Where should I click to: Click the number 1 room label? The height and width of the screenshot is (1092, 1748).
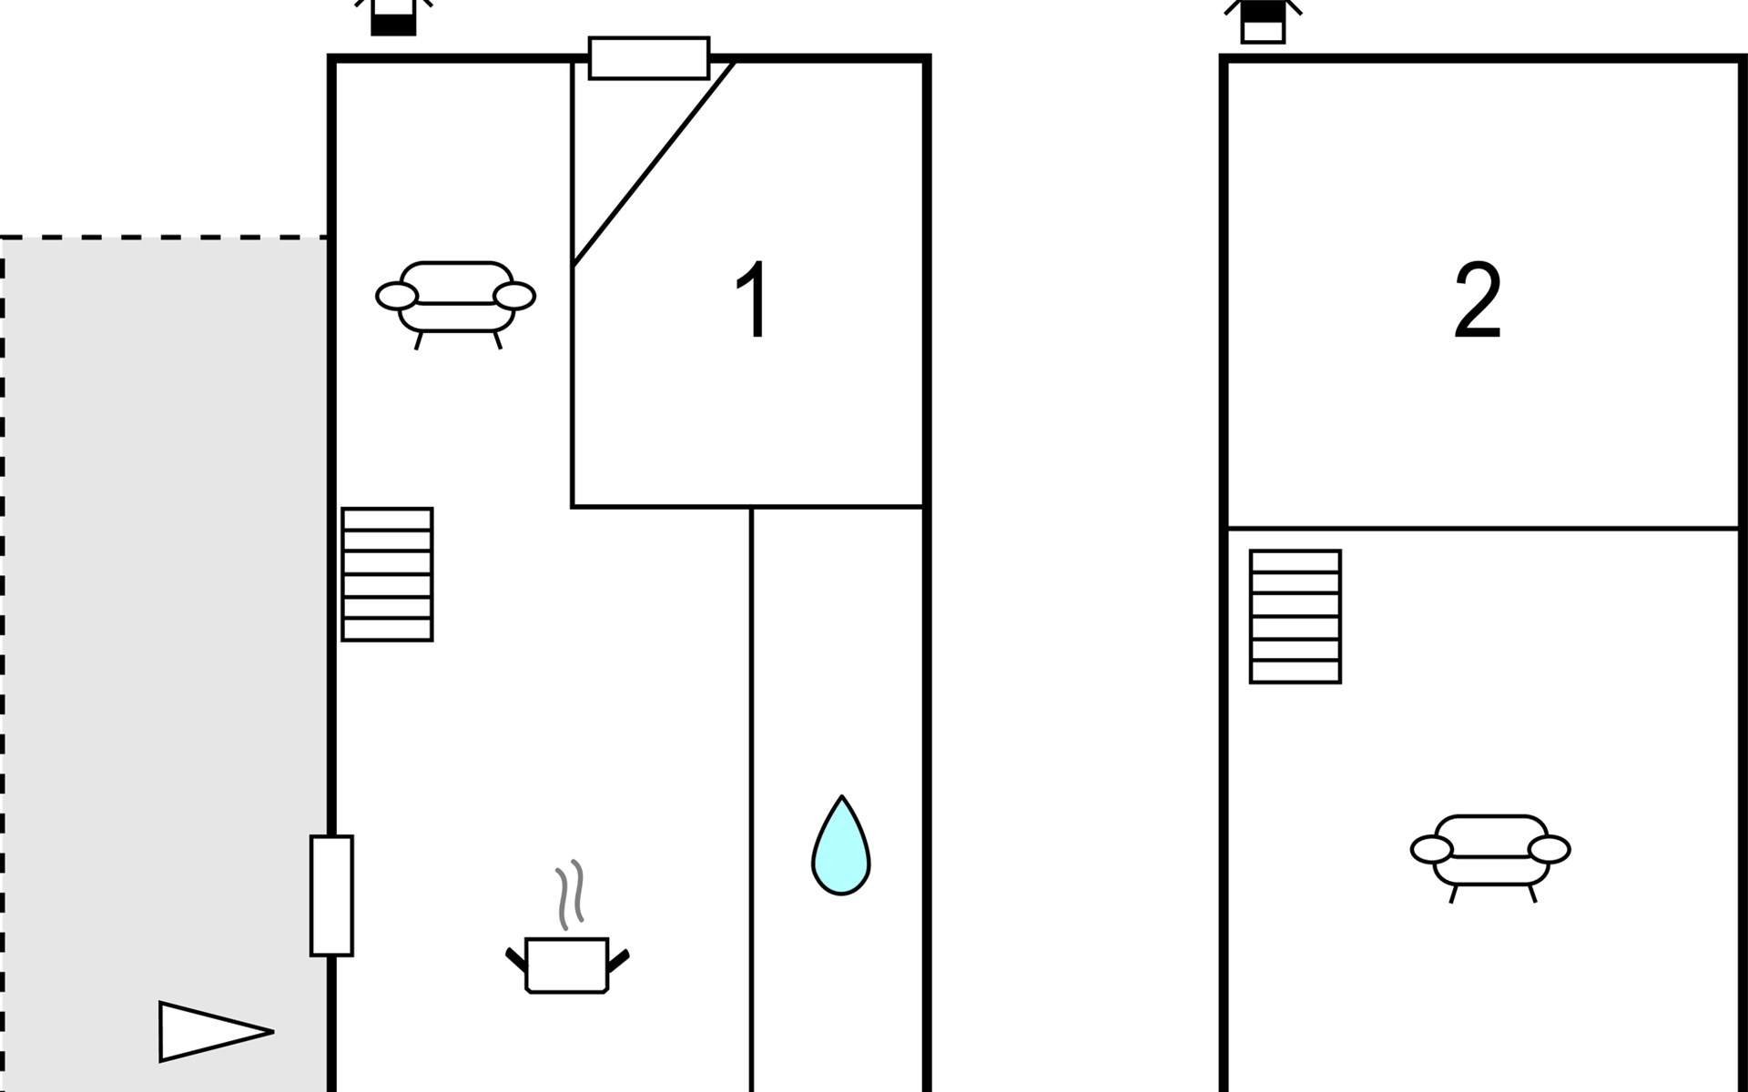(753, 299)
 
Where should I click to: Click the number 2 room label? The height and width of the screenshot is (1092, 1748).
(1477, 301)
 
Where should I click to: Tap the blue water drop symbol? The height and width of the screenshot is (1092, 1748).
(841, 845)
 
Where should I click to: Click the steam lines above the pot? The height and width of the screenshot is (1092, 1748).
(570, 895)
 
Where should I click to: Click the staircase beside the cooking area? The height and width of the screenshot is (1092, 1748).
(387, 574)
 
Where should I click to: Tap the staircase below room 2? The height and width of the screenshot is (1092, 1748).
(1296, 616)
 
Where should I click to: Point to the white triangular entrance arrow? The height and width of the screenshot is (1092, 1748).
(215, 1032)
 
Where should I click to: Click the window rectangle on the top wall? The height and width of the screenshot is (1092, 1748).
(649, 58)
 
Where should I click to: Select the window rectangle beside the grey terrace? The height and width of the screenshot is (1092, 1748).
(331, 895)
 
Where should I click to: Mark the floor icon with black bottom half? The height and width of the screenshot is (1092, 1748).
(393, 18)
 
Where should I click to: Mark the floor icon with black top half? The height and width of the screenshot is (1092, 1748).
(1263, 20)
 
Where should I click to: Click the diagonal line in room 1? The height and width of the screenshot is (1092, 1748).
(654, 163)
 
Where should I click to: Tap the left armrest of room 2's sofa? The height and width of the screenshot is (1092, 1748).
(1432, 850)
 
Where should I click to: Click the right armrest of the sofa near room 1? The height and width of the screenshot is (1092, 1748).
(514, 296)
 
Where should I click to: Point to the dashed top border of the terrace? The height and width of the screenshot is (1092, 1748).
(164, 238)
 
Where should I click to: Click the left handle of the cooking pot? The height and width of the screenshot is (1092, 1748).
(516, 959)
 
